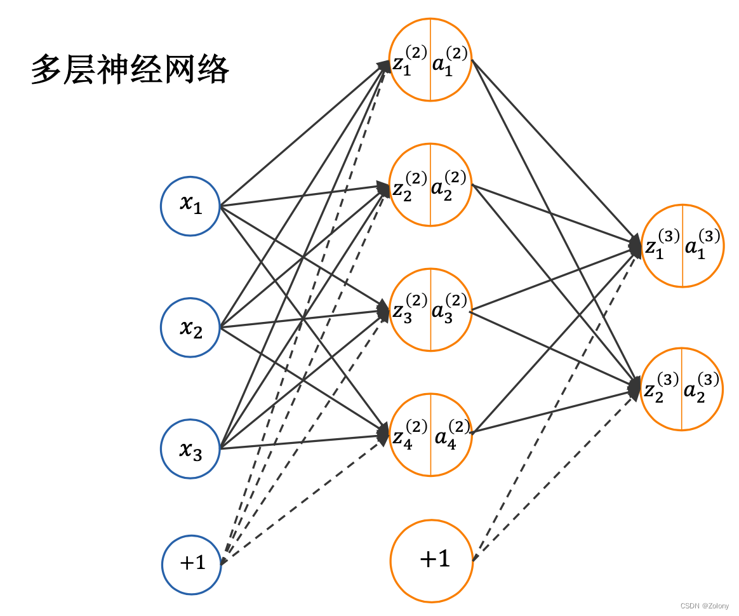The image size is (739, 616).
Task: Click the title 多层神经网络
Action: pyautogui.click(x=130, y=70)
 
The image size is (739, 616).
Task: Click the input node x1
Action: pyautogui.click(x=190, y=205)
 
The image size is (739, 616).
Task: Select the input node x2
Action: pyautogui.click(x=190, y=328)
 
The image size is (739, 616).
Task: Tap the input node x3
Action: pyautogui.click(x=190, y=449)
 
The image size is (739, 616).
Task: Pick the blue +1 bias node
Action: pyautogui.click(x=192, y=563)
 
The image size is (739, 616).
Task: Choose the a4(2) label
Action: pyautogui.click(x=451, y=434)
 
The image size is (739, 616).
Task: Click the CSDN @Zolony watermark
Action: pyautogui.click(x=705, y=606)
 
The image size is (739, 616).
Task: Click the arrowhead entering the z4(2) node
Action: pyautogui.click(x=383, y=434)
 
